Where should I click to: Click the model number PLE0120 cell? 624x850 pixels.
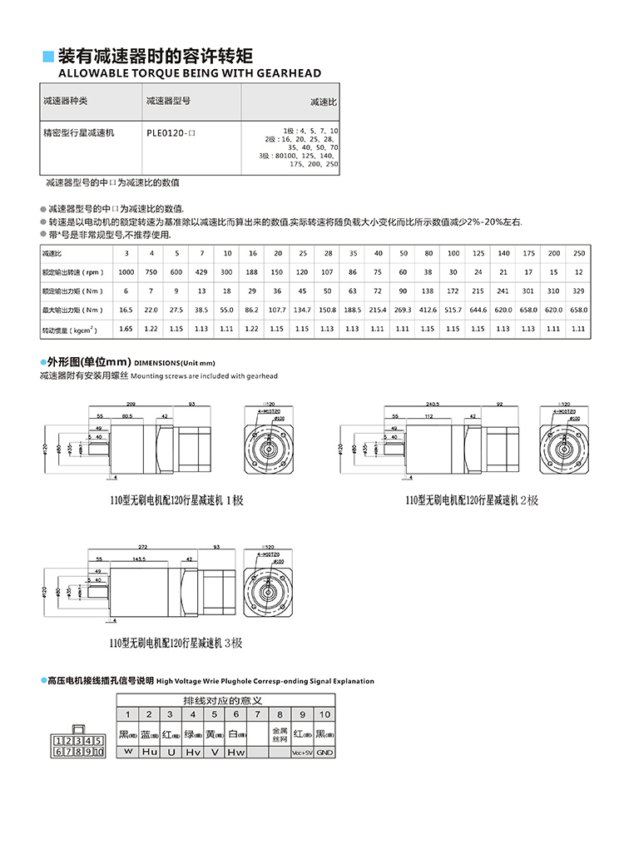point(170,132)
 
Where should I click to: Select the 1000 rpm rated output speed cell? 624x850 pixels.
point(126,272)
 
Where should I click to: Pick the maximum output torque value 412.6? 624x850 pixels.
point(428,309)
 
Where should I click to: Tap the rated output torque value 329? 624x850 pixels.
point(579,291)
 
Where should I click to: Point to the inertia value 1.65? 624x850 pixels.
point(126,329)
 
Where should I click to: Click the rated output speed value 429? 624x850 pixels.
point(202,272)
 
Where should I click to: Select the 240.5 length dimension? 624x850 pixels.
point(431,403)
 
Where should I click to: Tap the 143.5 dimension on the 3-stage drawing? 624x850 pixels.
point(139,559)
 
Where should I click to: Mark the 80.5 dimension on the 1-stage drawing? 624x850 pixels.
point(127,415)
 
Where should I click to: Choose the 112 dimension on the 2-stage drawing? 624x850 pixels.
point(428,415)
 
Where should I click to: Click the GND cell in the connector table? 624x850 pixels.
point(324,752)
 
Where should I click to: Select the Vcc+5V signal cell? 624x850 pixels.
point(302,752)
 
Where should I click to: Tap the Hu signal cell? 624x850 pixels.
point(149,752)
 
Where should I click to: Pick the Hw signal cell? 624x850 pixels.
point(236,752)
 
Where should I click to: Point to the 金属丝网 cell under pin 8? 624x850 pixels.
point(280,733)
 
